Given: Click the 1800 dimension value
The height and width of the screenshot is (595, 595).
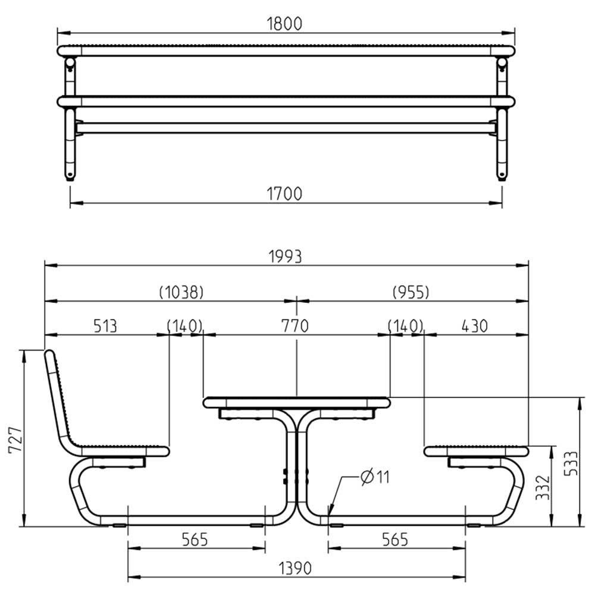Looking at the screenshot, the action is tap(284, 24).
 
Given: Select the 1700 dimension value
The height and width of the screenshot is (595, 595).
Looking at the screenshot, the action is tap(284, 193).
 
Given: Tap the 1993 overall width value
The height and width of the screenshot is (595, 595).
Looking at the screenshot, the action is tap(286, 256).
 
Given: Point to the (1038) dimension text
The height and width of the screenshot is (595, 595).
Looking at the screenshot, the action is tap(181, 292).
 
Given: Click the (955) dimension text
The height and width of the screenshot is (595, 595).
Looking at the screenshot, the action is tap(411, 292).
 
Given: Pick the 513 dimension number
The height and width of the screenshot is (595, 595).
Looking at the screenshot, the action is tap(105, 326).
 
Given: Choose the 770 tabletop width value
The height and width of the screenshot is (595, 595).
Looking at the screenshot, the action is tap(295, 325).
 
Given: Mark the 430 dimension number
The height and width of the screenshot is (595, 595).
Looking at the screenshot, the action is tap(474, 326).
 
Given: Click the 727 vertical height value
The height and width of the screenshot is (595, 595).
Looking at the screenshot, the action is tap(15, 440).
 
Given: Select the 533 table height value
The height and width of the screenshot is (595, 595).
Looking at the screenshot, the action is tap(571, 464).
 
